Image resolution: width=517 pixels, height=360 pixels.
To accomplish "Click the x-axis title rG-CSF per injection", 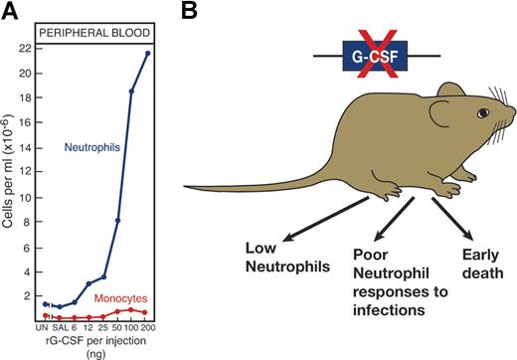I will [96, 339].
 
